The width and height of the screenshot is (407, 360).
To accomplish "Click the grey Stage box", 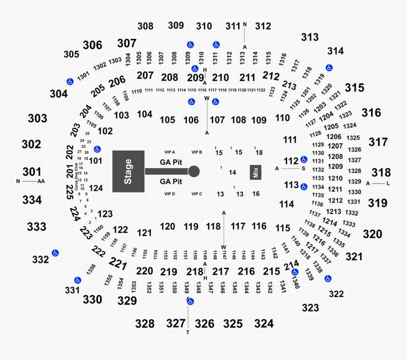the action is (128, 171).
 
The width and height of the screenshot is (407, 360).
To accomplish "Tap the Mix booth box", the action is (256, 172).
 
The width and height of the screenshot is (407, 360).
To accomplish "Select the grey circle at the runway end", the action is (194, 171).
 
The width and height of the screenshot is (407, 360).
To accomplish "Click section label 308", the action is (145, 26).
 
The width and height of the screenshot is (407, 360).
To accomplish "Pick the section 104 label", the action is (144, 114).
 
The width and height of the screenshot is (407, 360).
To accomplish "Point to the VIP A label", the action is (169, 152).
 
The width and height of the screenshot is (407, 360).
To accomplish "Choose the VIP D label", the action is (169, 194).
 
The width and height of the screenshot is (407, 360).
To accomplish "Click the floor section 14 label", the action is (232, 173).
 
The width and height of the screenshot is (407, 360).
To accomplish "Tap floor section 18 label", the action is (259, 152).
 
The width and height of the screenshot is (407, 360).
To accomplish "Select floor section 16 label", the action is (256, 194).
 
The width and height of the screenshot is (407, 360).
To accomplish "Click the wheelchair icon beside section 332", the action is (55, 253).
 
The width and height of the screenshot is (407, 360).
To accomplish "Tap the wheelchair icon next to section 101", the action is (97, 149).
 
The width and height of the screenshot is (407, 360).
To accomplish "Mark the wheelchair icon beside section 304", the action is (69, 81).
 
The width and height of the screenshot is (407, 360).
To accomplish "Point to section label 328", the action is (144, 324).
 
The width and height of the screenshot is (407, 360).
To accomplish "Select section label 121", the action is (144, 233).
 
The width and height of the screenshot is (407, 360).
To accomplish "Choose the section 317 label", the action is (378, 142).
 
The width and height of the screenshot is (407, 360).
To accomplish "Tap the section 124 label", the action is (96, 188).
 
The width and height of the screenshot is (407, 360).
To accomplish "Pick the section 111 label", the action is (290, 140).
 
